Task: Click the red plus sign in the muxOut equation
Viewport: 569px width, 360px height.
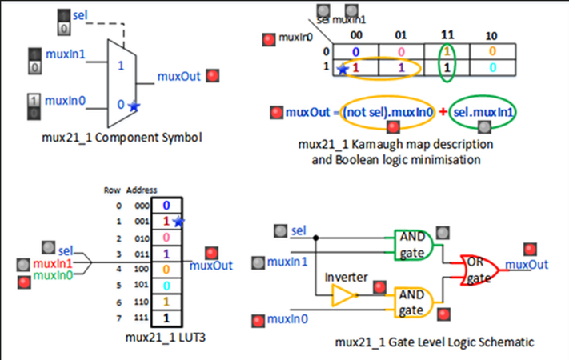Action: pyautogui.click(x=442, y=112)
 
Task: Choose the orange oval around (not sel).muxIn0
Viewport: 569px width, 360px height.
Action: pyautogui.click(x=387, y=112)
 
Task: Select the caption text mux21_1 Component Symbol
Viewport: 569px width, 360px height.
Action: pyautogui.click(x=121, y=138)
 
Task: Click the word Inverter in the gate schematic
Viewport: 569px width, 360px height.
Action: pyautogui.click(x=346, y=277)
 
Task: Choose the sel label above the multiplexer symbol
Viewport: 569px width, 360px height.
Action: pyautogui.click(x=80, y=15)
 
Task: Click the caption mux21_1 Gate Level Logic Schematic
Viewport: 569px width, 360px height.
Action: pyautogui.click(x=435, y=342)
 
